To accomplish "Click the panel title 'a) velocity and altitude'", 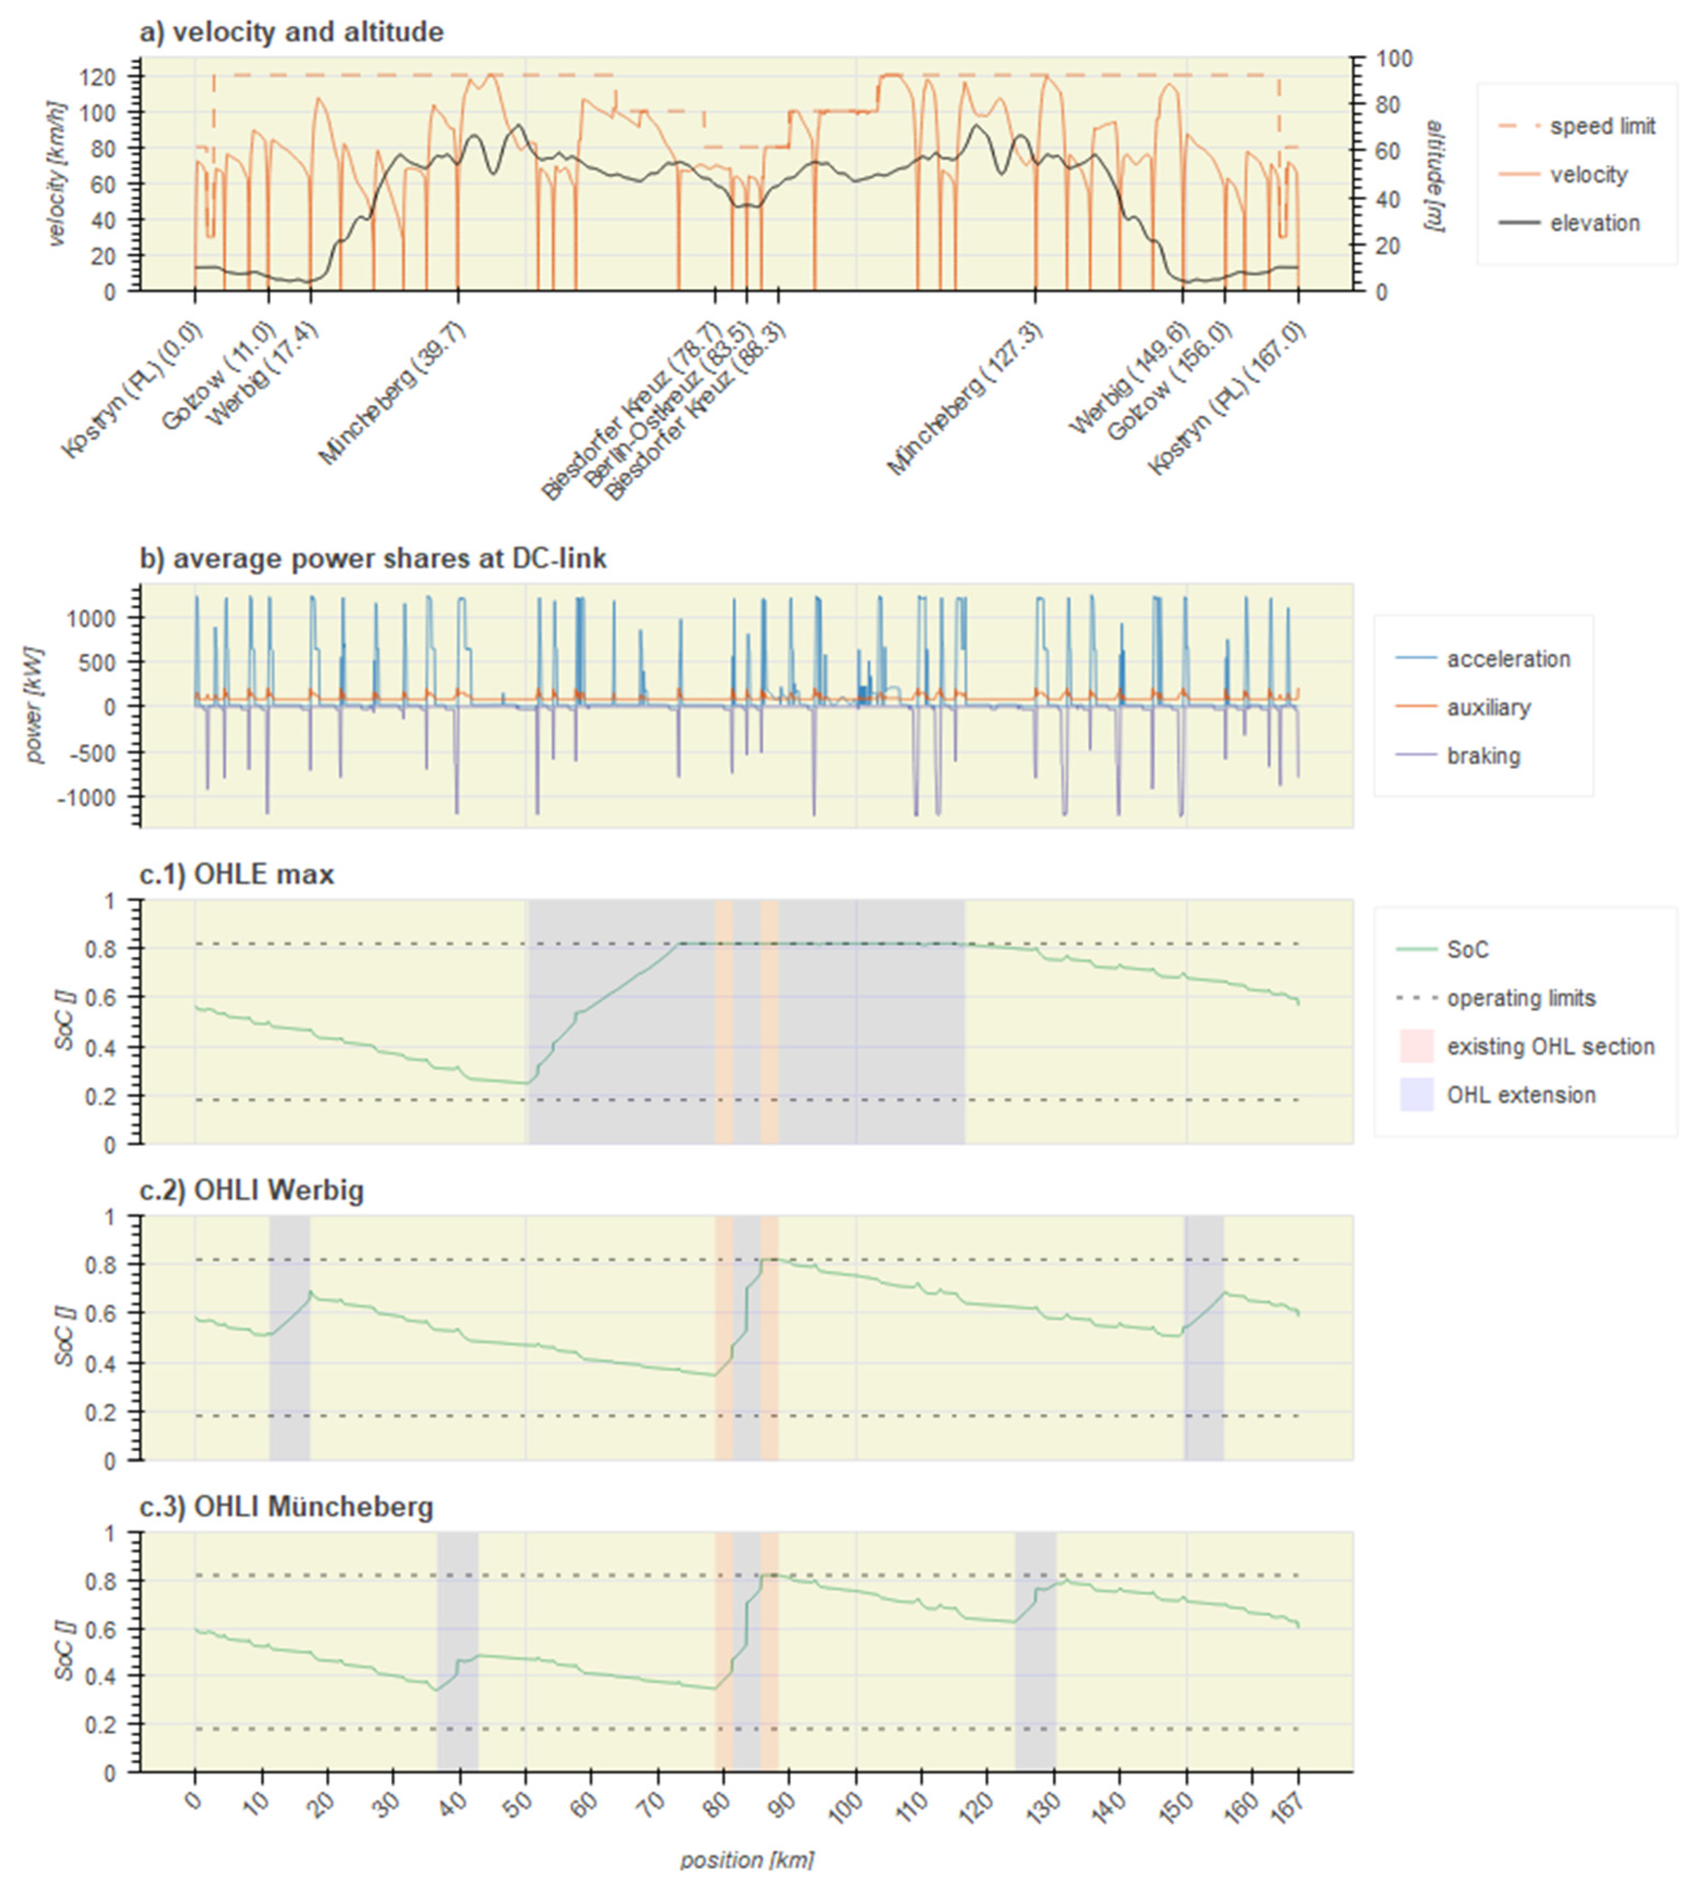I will [x=292, y=33].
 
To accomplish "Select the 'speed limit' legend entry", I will [x=1602, y=127].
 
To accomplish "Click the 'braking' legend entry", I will [x=1483, y=756].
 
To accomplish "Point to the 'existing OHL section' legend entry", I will [x=1550, y=1046].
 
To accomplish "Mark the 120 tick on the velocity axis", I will [x=103, y=77].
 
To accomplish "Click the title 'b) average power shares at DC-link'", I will [x=372, y=558].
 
